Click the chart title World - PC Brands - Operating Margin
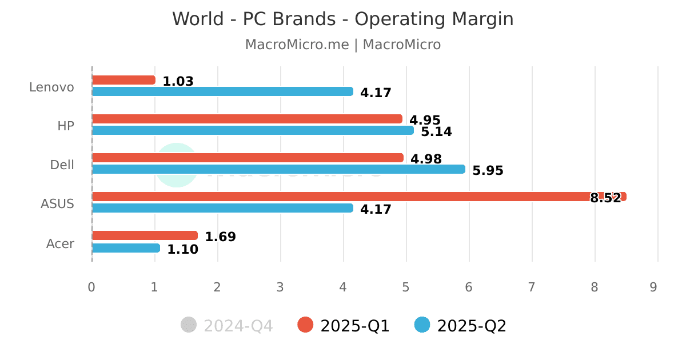click(342, 19)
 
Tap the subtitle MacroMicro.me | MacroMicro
click(342, 45)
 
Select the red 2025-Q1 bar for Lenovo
click(123, 80)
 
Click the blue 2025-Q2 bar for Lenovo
click(222, 91)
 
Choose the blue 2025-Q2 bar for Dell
click(278, 169)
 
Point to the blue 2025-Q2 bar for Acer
click(126, 248)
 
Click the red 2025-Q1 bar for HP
click(247, 119)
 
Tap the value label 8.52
click(605, 198)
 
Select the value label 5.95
click(488, 171)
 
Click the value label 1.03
click(178, 82)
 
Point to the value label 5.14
click(436, 132)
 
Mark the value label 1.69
click(220, 237)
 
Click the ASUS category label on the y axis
click(57, 203)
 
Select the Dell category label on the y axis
click(62, 165)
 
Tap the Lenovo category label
click(51, 87)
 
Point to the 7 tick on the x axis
click(532, 287)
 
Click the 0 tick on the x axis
click(91, 287)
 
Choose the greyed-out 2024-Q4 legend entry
click(227, 326)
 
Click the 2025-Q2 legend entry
click(460, 326)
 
